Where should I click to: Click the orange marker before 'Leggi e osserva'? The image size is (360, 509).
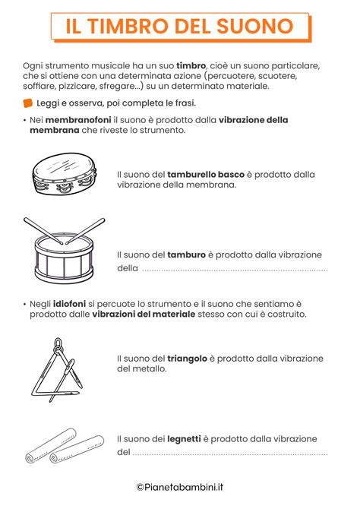click(28, 103)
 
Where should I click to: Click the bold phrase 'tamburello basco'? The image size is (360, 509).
click(201, 174)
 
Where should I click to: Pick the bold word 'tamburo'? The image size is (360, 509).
click(186, 254)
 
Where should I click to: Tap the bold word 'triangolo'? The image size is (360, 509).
click(191, 358)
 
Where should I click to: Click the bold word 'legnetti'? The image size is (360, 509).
click(189, 439)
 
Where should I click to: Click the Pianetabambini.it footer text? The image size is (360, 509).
click(179, 488)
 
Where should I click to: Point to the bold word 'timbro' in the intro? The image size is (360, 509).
click(191, 66)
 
